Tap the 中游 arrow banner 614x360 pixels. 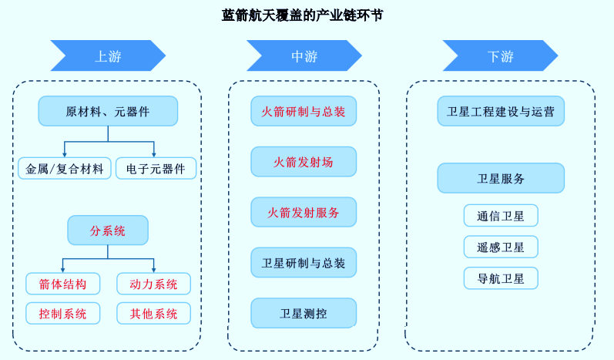tap(304, 56)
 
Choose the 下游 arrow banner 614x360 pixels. tap(500, 56)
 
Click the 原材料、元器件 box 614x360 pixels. tap(108, 111)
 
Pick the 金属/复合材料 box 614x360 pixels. tap(65, 168)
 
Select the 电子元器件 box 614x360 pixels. tap(156, 168)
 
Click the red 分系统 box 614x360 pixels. tap(108, 230)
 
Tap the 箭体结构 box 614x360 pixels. tap(62, 284)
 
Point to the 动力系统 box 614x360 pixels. tap(153, 284)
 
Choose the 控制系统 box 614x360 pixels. tap(62, 313)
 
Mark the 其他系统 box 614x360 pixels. tap(153, 313)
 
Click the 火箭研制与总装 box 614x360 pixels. tap(304, 111)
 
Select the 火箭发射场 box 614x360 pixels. tap(304, 162)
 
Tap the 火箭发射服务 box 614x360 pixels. tap(304, 212)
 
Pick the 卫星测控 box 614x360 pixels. tap(304, 313)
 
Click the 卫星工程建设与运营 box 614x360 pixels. tap(501, 111)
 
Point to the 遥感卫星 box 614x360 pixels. tap(501, 247)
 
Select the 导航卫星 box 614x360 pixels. tap(501, 278)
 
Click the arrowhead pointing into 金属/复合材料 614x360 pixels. tap(64, 153)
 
